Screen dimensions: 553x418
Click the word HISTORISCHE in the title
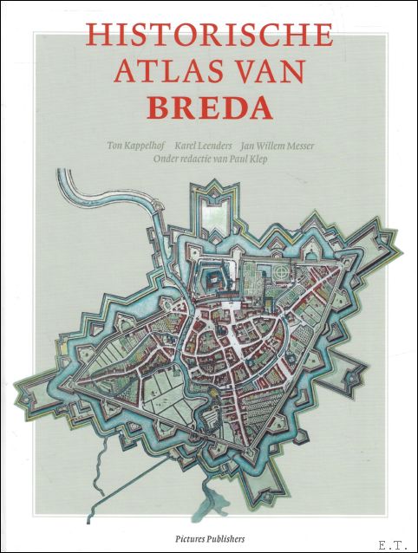click(x=209, y=35)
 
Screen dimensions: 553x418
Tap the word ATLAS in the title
click(x=178, y=74)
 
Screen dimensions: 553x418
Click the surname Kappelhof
click(x=147, y=145)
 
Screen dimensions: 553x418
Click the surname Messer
click(x=326, y=145)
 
